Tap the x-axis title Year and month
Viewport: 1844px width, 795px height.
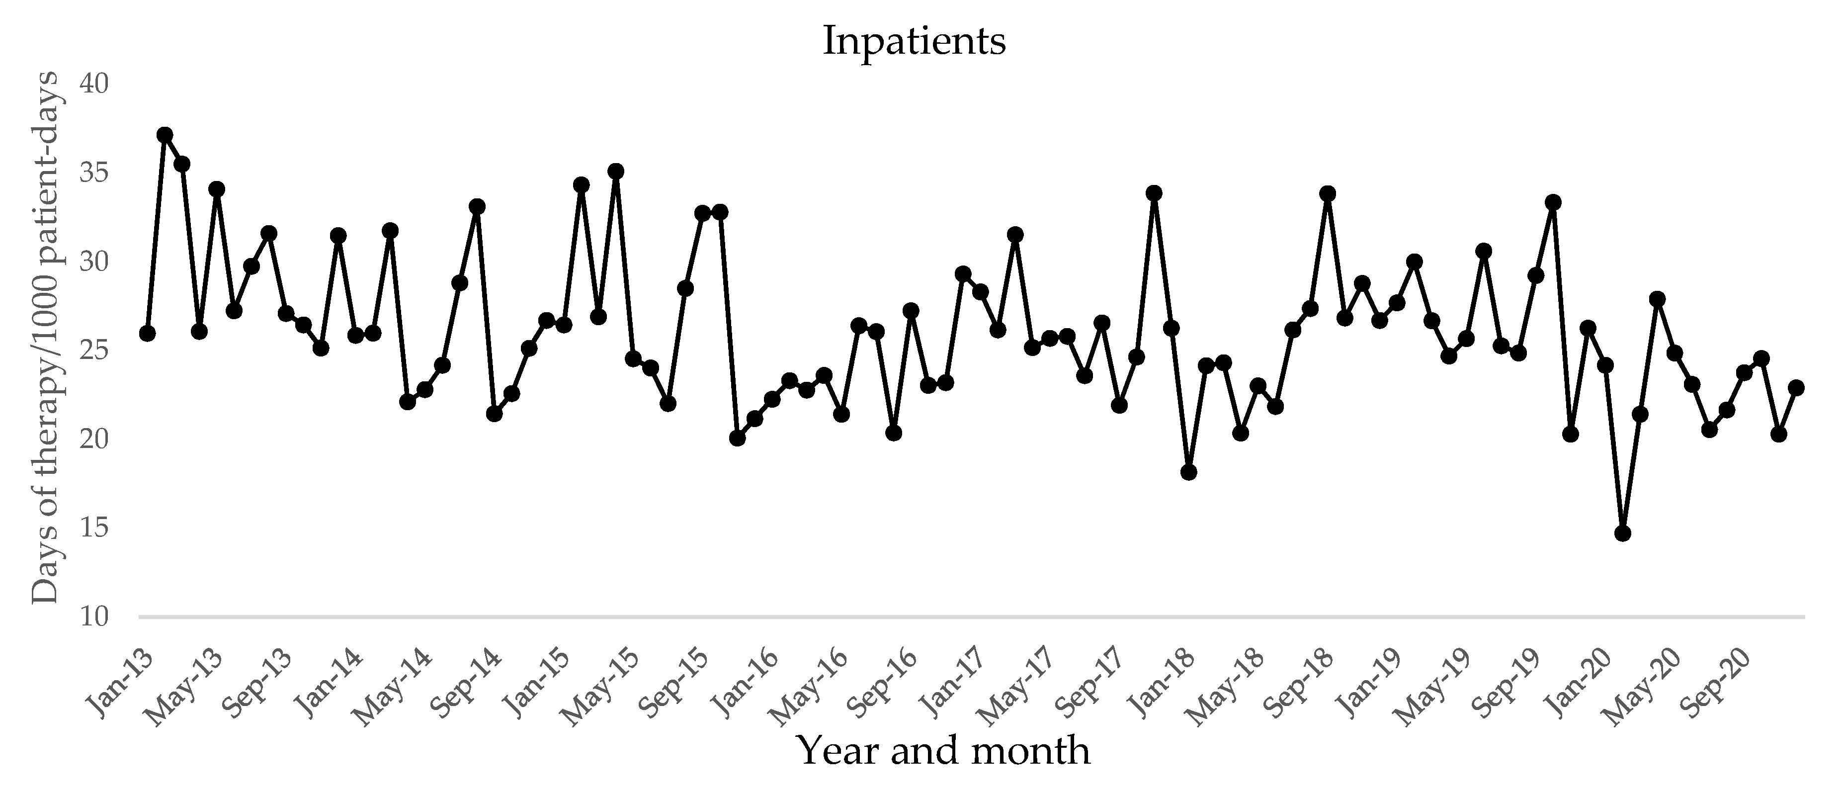pyautogui.click(x=943, y=751)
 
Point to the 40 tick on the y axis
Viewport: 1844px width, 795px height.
pyautogui.click(x=94, y=85)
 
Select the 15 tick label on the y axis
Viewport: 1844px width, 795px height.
pyautogui.click(x=94, y=529)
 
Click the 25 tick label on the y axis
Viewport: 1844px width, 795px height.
pyautogui.click(x=94, y=351)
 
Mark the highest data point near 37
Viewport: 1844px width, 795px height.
pyautogui.click(x=165, y=135)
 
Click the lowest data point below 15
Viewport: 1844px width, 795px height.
pyautogui.click(x=1623, y=533)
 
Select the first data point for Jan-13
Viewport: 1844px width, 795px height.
pyautogui.click(x=148, y=333)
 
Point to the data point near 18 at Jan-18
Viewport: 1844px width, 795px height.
pyautogui.click(x=1189, y=472)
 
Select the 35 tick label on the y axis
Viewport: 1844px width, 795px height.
pyautogui.click(x=94, y=174)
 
